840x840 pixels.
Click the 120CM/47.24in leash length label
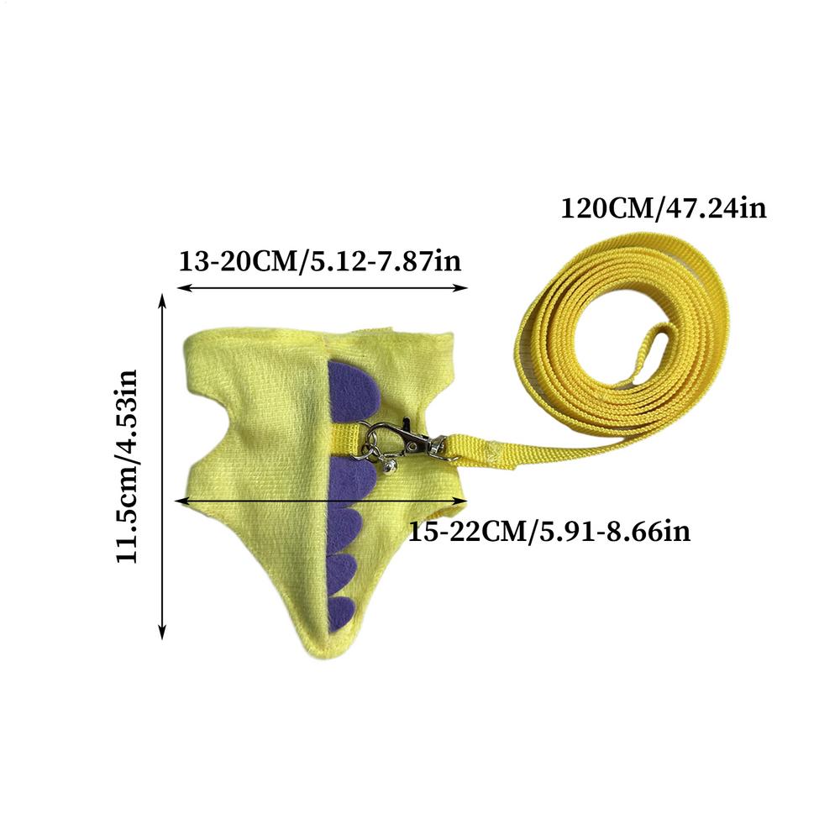[x=664, y=207]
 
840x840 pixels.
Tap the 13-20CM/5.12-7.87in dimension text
[x=319, y=261]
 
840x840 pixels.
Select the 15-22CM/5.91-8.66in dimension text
[x=549, y=532]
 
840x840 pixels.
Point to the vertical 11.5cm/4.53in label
[x=127, y=466]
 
